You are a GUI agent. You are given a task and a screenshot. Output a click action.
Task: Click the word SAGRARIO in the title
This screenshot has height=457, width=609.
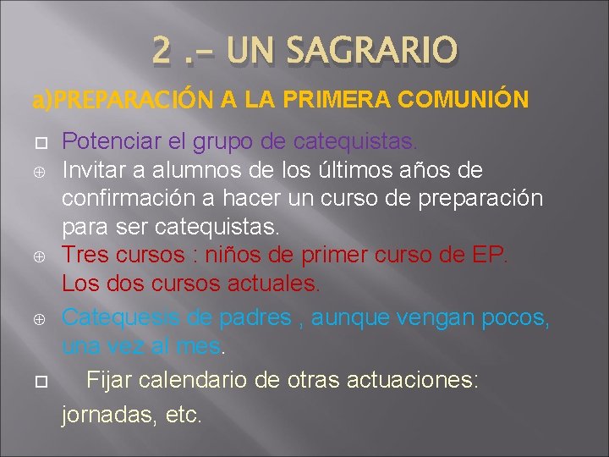click(x=372, y=50)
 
